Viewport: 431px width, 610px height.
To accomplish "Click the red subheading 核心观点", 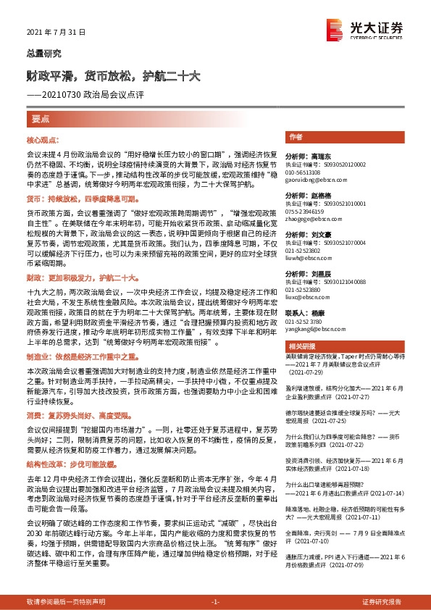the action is tap(43, 138).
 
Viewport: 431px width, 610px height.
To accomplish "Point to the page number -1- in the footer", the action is tap(215, 601).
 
